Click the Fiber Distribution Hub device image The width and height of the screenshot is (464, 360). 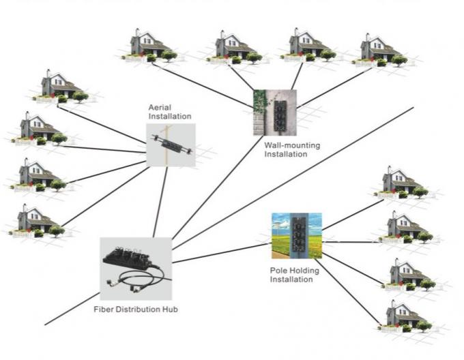134,268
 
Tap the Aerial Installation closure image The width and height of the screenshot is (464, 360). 171,145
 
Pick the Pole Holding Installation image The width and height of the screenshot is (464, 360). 296,236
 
